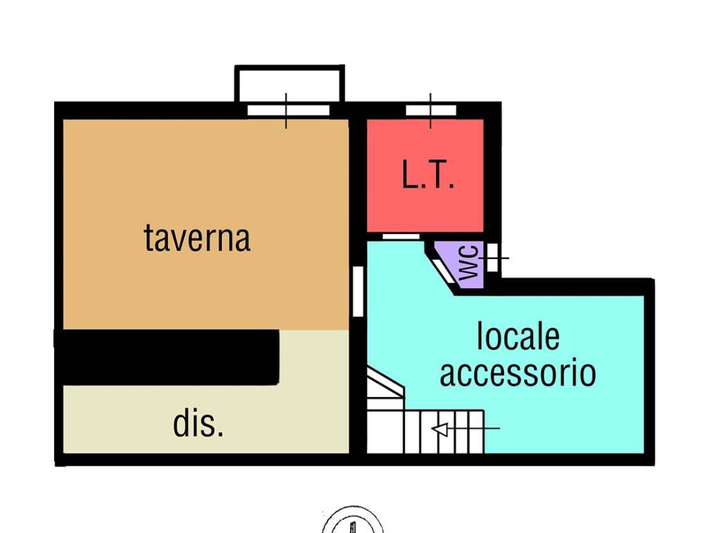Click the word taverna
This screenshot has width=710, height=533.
click(197, 239)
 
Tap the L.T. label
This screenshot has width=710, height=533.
click(428, 174)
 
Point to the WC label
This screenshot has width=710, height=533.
click(469, 262)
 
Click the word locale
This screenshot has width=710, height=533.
click(519, 337)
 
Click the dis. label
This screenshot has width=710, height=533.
click(198, 424)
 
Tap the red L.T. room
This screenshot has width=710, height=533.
click(425, 176)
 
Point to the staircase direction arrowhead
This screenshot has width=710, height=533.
click(440, 428)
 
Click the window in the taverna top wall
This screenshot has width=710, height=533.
click(288, 110)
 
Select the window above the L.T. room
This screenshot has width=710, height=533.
click(431, 110)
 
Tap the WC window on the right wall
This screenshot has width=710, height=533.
click(493, 257)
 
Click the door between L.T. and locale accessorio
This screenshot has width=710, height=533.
click(401, 237)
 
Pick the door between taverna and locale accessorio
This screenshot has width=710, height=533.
click(358, 291)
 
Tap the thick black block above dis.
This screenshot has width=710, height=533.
click(166, 357)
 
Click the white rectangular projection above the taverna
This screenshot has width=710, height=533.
click(290, 84)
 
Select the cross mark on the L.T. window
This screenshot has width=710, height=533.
click(431, 110)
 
